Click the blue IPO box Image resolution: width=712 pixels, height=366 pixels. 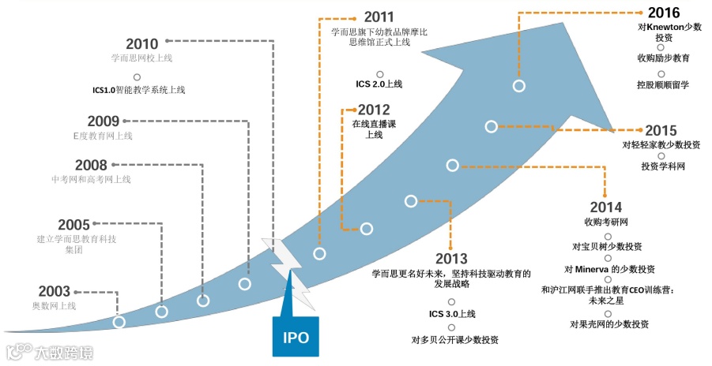pyautogui.click(x=296, y=338)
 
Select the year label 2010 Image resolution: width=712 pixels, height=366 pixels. pyautogui.click(x=142, y=43)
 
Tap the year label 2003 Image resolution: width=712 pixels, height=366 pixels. pyautogui.click(x=55, y=291)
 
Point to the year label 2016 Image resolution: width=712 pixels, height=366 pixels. pyautogui.click(x=663, y=13)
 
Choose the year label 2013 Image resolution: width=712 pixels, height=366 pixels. pyautogui.click(x=451, y=259)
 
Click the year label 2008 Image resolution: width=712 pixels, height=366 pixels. pyautogui.click(x=91, y=165)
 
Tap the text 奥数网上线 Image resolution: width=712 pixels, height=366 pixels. pyautogui.click(x=54, y=306)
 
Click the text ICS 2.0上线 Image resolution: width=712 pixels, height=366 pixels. pyautogui.click(x=379, y=84)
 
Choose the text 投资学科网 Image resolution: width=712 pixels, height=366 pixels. pyautogui.click(x=662, y=166)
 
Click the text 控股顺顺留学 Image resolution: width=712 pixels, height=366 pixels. pyautogui.click(x=662, y=84)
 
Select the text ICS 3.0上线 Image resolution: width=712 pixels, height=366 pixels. pyautogui.click(x=452, y=314)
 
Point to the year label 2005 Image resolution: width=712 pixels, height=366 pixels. pyautogui.click(x=74, y=224)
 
